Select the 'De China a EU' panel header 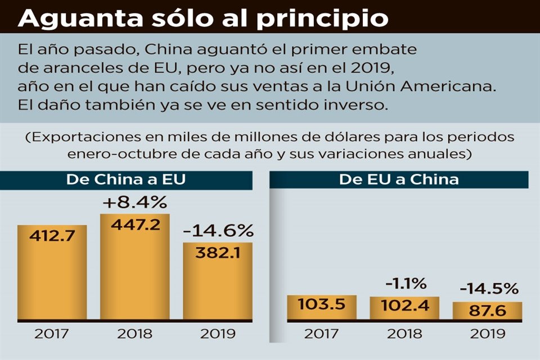tap(127, 180)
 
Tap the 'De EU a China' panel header tap(399, 180)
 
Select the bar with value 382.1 tap(218, 281)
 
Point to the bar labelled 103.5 tap(321, 307)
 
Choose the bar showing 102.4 tap(404, 308)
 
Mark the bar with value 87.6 tap(487, 310)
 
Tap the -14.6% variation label tap(218, 231)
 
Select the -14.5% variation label tap(488, 289)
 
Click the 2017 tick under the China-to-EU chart tap(51, 333)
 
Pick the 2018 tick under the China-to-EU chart tap(134, 333)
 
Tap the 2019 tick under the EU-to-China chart tap(487, 333)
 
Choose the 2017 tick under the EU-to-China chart tap(321, 333)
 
